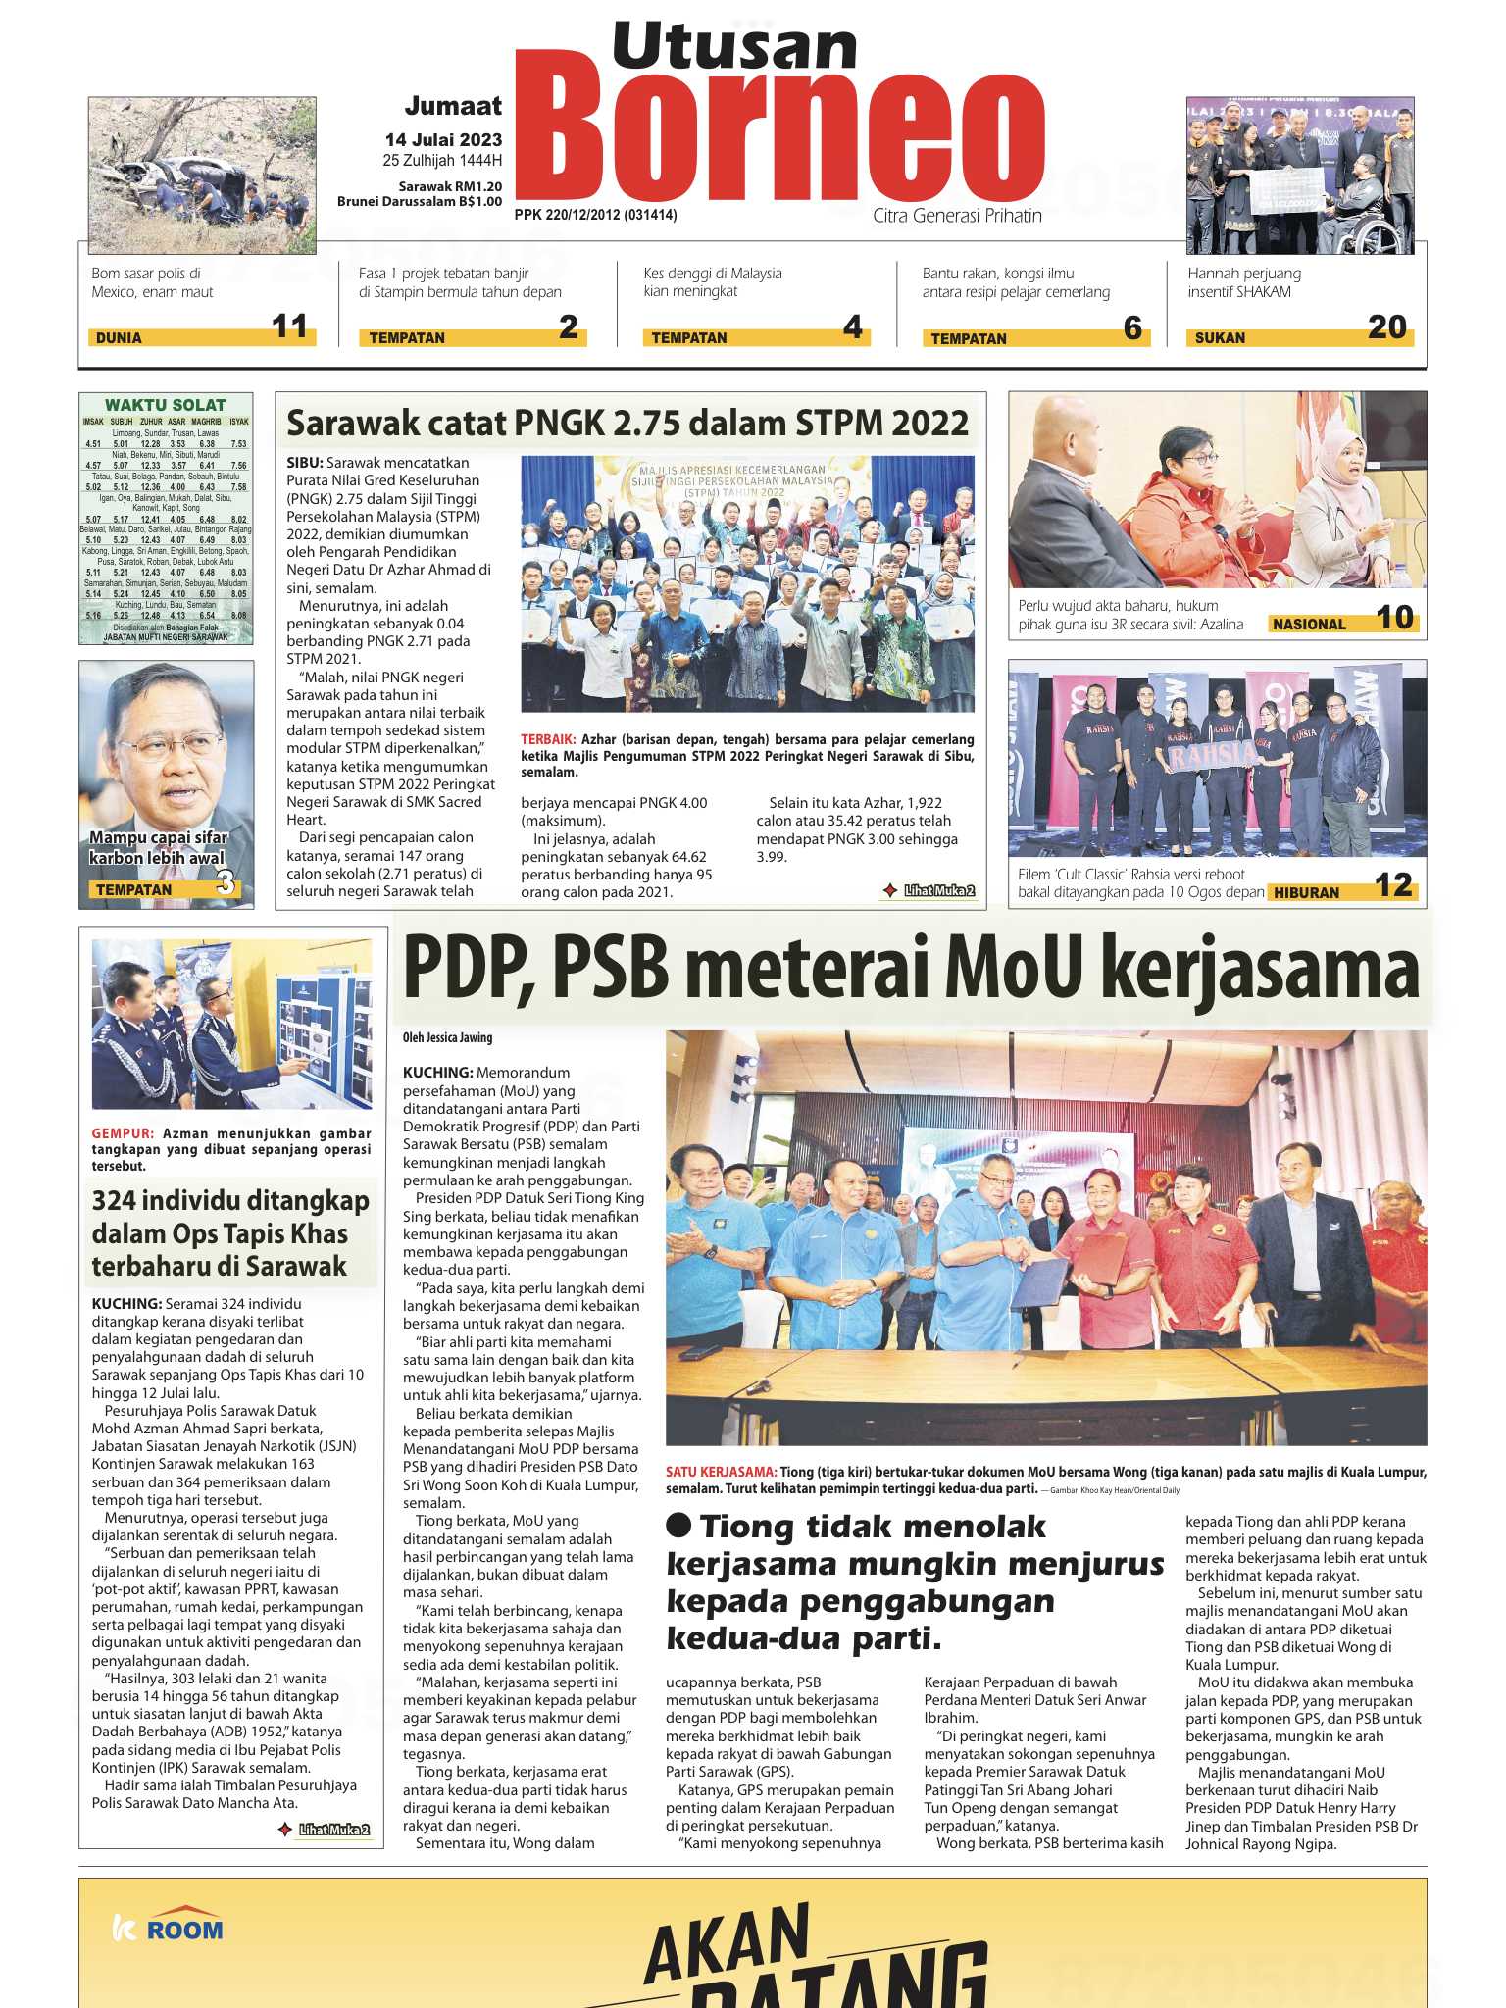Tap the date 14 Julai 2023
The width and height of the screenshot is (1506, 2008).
point(443,140)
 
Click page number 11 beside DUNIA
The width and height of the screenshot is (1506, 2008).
point(289,326)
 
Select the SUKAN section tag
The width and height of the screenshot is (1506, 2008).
point(1220,338)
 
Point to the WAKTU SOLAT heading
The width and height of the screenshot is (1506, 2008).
point(165,405)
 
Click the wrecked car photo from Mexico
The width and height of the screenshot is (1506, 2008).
point(202,175)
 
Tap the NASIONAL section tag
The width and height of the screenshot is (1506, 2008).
point(1309,625)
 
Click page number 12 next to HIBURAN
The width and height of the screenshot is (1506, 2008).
point(1393,886)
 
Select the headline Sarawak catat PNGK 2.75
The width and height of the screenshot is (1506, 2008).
point(627,424)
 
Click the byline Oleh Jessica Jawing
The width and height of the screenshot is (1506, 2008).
point(447,1037)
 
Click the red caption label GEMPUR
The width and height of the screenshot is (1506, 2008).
point(123,1133)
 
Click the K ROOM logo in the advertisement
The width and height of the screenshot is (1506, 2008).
point(169,1930)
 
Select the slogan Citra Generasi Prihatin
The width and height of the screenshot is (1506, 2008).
point(957,216)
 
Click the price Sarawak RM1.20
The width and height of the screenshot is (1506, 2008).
point(450,186)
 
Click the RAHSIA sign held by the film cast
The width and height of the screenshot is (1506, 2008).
point(1209,756)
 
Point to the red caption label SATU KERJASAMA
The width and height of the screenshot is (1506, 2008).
point(721,1472)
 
